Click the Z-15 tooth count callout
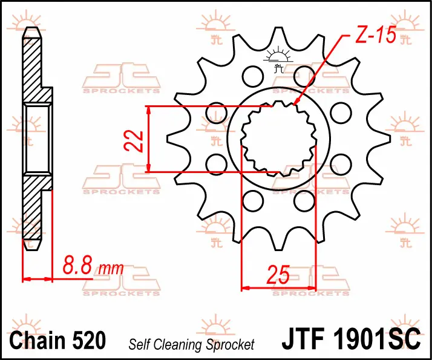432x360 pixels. coord(376,35)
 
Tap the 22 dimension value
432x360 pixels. coord(134,141)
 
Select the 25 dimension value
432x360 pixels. coord(278,275)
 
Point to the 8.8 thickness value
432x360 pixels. coord(77,265)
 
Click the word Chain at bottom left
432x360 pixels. coord(37,340)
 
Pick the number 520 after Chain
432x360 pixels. coord(89,340)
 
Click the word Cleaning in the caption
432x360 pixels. coord(179,345)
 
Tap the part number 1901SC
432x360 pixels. coord(377,338)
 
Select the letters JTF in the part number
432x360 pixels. coord(303,338)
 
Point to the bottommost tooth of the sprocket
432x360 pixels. coord(278,243)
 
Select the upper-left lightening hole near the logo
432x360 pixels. coord(252,76)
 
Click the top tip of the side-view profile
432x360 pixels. coord(32,28)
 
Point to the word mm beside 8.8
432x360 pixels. coord(111,269)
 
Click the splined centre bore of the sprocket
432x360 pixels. coord(278,139)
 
